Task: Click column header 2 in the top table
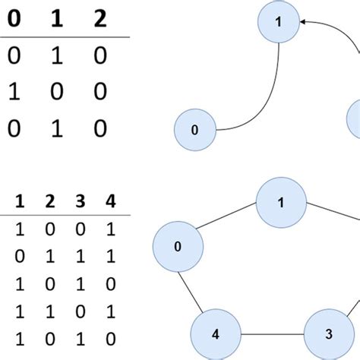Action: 100,20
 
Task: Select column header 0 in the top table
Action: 14,20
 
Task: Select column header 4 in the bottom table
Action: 112,203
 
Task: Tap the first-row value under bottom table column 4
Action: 112,229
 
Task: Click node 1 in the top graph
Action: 279,22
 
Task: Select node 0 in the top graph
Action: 194,129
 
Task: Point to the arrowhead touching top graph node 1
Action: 303,22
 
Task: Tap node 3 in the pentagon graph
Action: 328,333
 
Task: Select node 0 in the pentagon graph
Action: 178,246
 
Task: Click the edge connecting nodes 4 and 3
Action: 272,333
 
